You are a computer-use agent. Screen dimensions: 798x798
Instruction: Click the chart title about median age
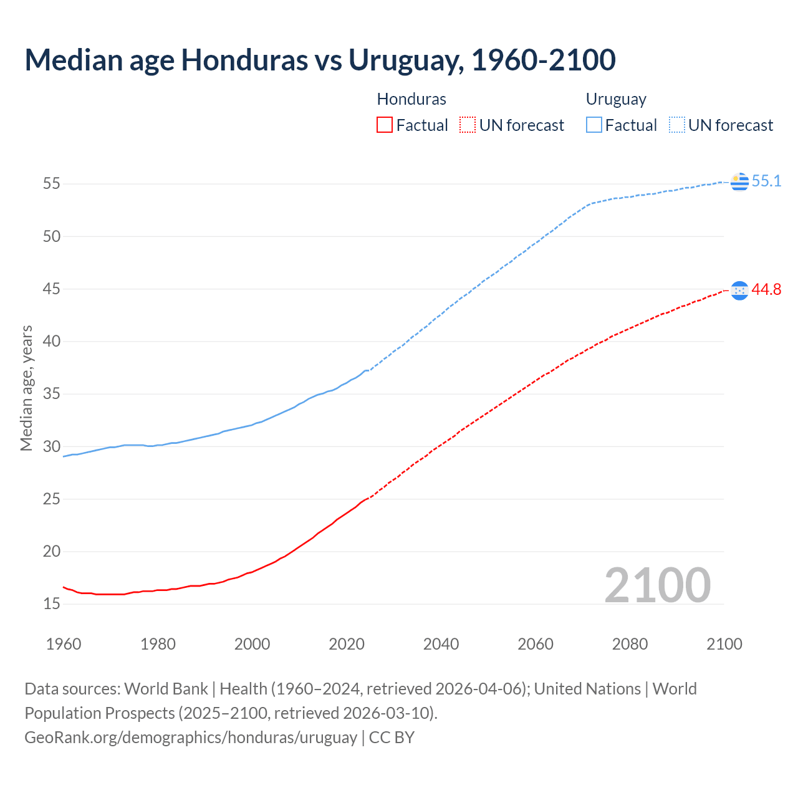[320, 60]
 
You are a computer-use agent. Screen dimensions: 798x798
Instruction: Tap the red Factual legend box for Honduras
[385, 125]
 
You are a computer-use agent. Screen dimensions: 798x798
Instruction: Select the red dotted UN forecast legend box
[468, 125]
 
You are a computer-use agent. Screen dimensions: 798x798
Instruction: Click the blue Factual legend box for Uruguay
[594, 125]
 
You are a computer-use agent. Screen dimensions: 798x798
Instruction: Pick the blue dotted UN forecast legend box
[677, 125]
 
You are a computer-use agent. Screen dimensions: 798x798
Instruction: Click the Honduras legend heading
[411, 99]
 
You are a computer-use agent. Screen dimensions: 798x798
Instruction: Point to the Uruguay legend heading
[616, 99]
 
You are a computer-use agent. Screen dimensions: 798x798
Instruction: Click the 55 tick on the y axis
[52, 184]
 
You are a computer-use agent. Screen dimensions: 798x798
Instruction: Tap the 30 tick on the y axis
[52, 446]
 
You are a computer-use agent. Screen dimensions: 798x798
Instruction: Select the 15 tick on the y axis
[52, 603]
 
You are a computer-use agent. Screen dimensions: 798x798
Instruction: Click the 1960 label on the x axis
[64, 644]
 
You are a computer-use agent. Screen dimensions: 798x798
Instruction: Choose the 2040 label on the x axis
[441, 644]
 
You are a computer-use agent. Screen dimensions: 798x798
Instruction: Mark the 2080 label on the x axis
[630, 644]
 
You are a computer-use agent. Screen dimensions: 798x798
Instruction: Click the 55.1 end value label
[766, 181]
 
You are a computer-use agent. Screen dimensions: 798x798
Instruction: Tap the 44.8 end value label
[766, 290]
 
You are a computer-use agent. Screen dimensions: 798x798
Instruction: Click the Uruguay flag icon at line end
[739, 181]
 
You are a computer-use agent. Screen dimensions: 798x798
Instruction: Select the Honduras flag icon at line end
[739, 291]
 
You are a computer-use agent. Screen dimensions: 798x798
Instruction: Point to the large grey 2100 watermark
[657, 585]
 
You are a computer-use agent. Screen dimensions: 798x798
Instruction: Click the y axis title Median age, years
[26, 388]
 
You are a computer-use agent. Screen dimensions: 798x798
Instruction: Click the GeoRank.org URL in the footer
[191, 738]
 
